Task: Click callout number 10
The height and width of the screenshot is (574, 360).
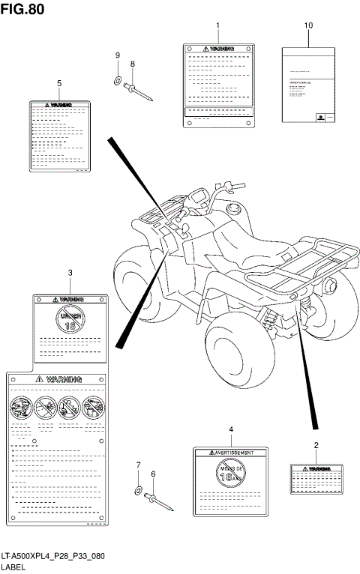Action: coord(307,25)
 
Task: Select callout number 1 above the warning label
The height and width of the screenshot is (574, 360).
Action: coord(217,25)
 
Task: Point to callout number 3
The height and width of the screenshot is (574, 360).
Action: coord(70,273)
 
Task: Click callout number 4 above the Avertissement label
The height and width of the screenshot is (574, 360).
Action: coord(231,429)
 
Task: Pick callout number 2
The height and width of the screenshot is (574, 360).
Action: coord(316,446)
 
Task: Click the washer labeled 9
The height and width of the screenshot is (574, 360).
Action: coord(118,79)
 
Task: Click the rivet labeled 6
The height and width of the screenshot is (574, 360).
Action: coord(159,501)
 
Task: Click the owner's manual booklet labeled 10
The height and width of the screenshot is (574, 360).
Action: coord(307,84)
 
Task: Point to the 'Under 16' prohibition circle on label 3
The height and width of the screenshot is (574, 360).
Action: coord(70,318)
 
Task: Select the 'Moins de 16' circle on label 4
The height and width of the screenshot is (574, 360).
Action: coord(231,474)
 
